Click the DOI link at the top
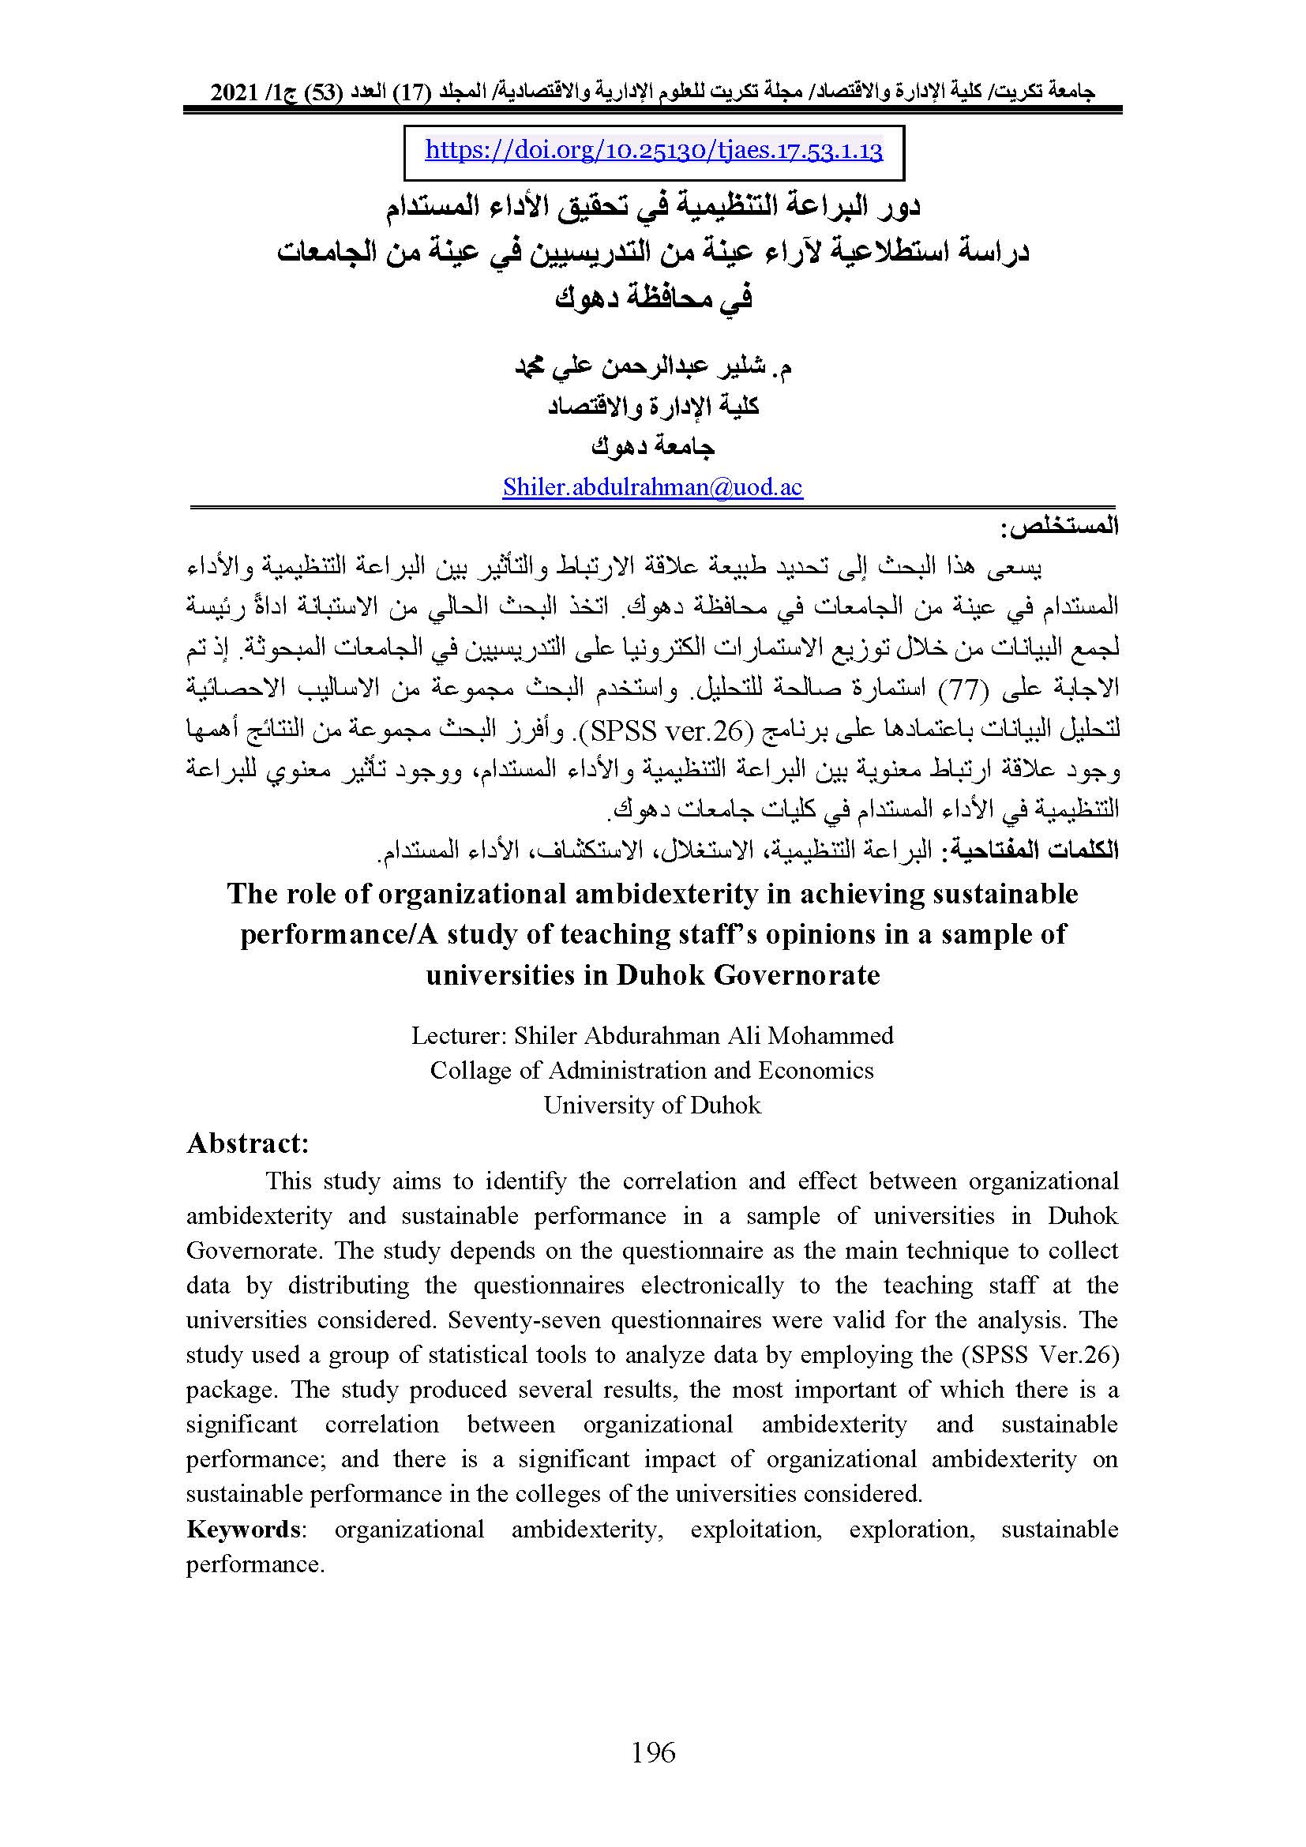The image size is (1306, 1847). point(653,151)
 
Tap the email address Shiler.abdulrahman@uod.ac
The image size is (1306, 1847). point(652,486)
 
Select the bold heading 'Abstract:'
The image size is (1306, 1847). point(248,1143)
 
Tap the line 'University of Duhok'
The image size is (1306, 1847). point(652,1105)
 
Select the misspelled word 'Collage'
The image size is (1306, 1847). point(471,1070)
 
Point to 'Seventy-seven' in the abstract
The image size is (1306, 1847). point(518,1320)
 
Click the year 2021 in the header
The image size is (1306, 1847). point(232,92)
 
